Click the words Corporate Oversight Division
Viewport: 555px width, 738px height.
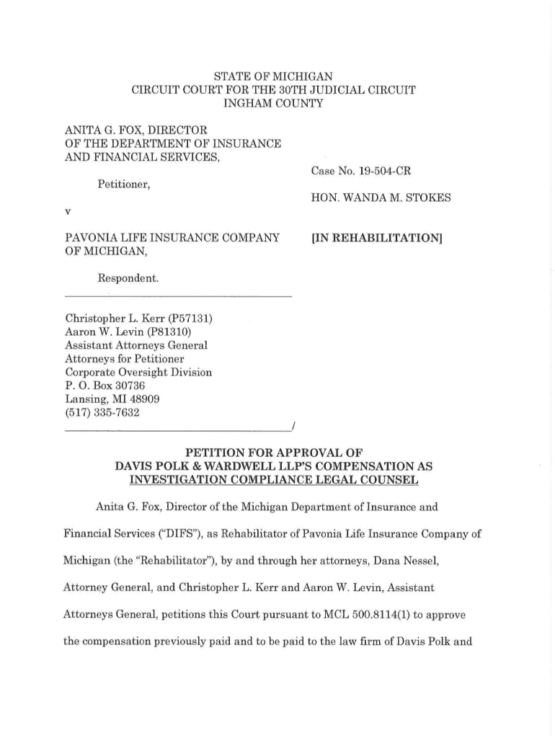138,373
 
